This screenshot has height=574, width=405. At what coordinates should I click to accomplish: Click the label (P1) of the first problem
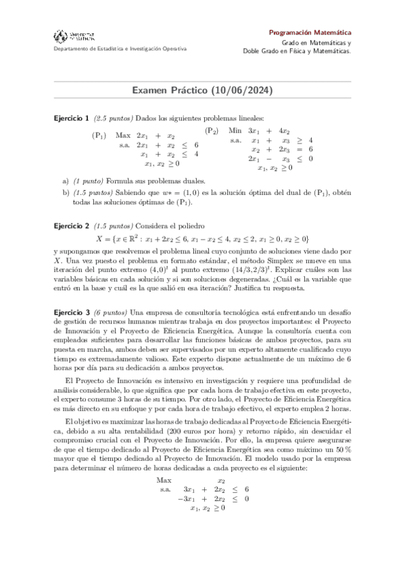click(99, 135)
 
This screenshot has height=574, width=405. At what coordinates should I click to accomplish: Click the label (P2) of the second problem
click(212, 131)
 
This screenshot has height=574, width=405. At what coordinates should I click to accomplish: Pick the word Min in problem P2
click(235, 131)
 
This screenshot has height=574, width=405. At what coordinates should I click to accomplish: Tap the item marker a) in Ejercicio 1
click(66, 181)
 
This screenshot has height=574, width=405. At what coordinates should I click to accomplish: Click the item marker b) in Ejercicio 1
click(66, 192)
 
